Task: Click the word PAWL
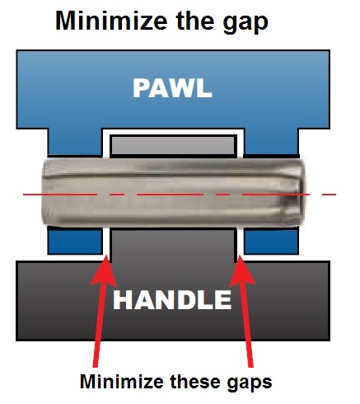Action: pyautogui.click(x=172, y=88)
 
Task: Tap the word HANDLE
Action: pyautogui.click(x=172, y=299)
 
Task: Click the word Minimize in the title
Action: pyautogui.click(x=111, y=21)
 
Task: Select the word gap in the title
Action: pyautogui.click(x=245, y=23)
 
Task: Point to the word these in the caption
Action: pyautogui.click(x=196, y=382)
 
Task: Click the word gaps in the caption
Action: pyautogui.click(x=250, y=383)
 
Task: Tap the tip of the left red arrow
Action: pyautogui.click(x=107, y=256)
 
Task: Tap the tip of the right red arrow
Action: pyautogui.click(x=240, y=256)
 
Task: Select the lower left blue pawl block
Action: pyautogui.click(x=75, y=241)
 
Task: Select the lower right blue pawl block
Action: pyautogui.click(x=271, y=241)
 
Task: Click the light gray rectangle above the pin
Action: pyautogui.click(x=173, y=146)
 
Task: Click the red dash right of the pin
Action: pyautogui.click(x=329, y=195)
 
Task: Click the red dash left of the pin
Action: pyautogui.click(x=32, y=195)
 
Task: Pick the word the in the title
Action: pyautogui.click(x=194, y=21)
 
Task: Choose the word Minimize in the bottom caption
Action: pyautogui.click(x=122, y=382)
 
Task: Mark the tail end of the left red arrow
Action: pyautogui.click(x=95, y=367)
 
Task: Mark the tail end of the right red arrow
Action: pyautogui.click(x=250, y=367)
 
